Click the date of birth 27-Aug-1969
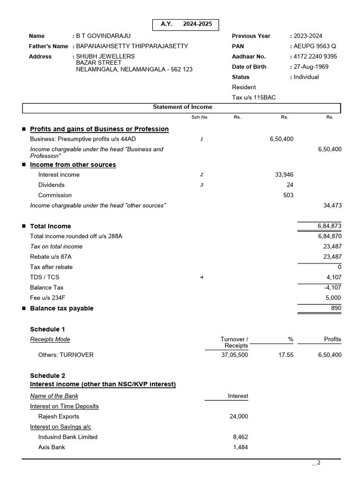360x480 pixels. (x=311, y=67)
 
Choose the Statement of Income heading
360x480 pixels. (x=182, y=107)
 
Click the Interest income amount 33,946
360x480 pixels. (x=284, y=175)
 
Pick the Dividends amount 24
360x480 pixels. (x=290, y=185)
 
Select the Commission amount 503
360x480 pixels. (x=288, y=195)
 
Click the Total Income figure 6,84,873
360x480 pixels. (x=330, y=226)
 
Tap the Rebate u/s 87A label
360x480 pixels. (x=54, y=257)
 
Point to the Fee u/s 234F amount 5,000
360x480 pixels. (x=333, y=298)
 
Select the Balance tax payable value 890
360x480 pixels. (x=336, y=308)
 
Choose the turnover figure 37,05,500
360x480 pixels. (x=234, y=355)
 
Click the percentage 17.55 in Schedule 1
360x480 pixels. (x=285, y=355)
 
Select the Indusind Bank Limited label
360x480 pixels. (x=68, y=437)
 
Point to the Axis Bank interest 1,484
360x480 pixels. (x=240, y=447)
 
